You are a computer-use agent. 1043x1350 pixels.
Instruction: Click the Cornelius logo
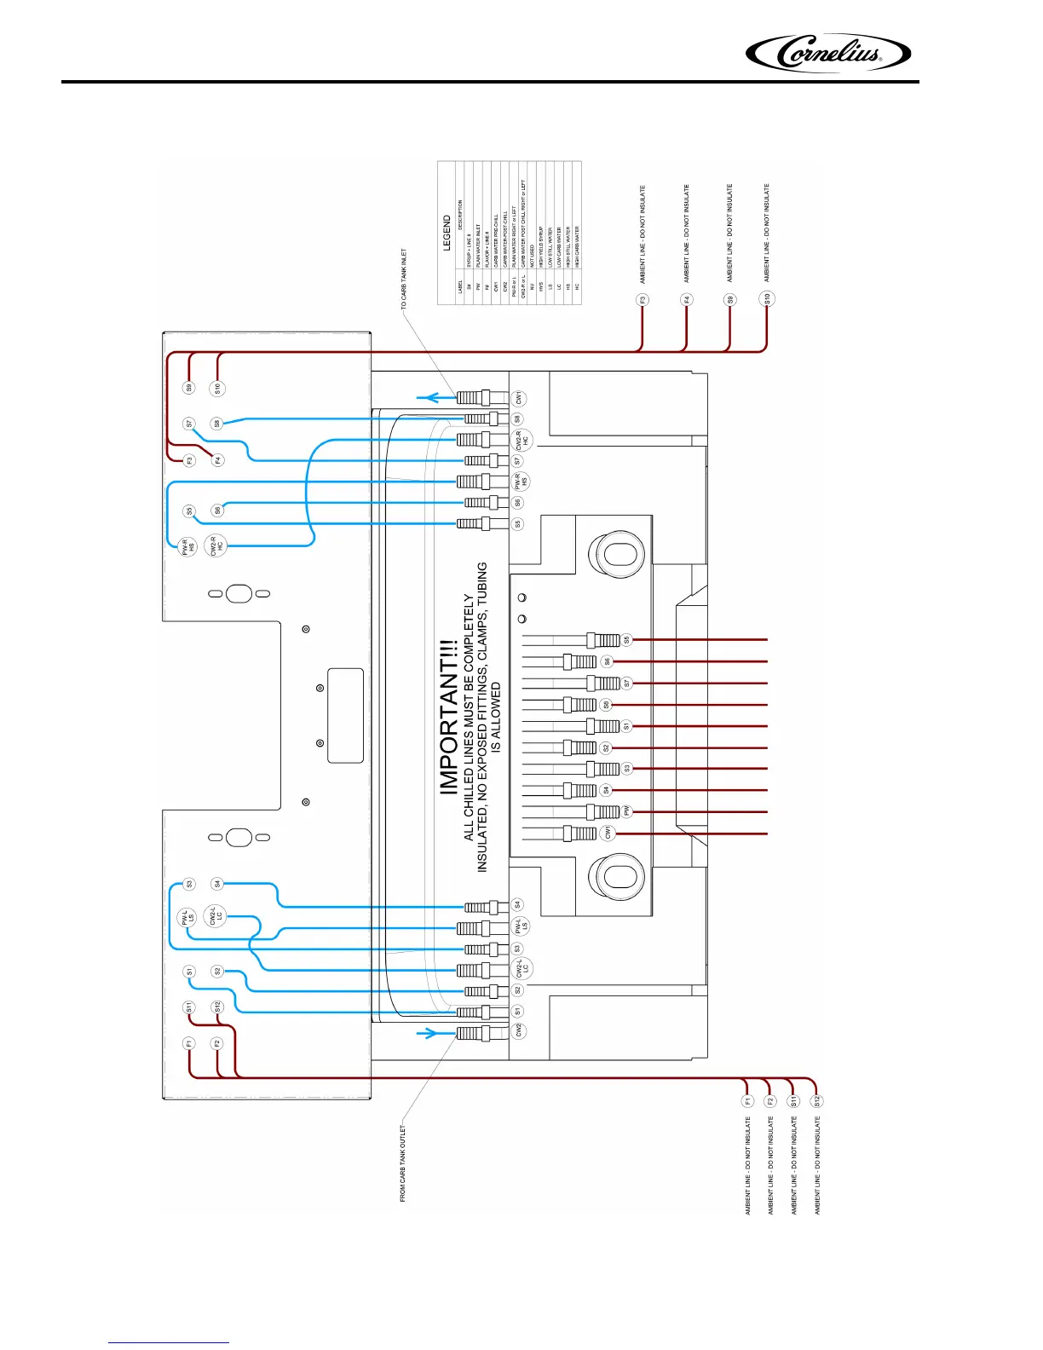coord(827,54)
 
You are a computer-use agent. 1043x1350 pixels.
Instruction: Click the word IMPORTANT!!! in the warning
coord(449,717)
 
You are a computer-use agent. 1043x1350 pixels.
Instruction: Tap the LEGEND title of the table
coord(447,233)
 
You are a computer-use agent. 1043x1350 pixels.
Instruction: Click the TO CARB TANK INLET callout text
coord(404,280)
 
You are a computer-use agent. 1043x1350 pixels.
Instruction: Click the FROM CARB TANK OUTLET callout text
coord(403,1163)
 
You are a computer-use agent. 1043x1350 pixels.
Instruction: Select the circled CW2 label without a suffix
coord(518,1030)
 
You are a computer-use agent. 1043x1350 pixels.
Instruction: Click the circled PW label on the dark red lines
coord(626,811)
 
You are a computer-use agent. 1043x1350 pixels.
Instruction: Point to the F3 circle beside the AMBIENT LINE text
coord(643,300)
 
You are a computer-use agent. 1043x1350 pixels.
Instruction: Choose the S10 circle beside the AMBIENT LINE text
coord(767,299)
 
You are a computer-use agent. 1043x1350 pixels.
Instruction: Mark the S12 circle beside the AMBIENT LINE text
coord(816,1100)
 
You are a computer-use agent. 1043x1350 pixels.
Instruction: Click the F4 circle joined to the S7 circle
coord(217,460)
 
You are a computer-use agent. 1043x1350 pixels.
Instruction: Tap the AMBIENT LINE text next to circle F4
coord(686,234)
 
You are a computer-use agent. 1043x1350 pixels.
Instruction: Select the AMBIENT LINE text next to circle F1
coord(748,1166)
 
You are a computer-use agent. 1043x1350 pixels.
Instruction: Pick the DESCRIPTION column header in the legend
coord(460,215)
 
